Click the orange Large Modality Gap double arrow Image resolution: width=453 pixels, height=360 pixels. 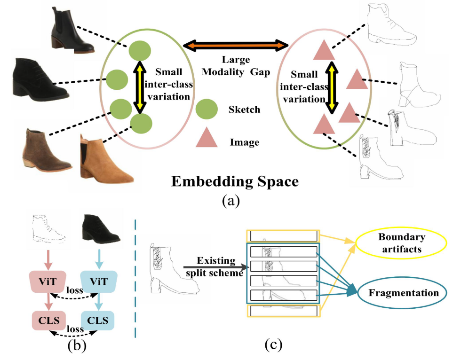[x=235, y=46]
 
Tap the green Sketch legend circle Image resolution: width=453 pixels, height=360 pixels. [x=207, y=110]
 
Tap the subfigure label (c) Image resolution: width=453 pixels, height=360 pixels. [x=273, y=345]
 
